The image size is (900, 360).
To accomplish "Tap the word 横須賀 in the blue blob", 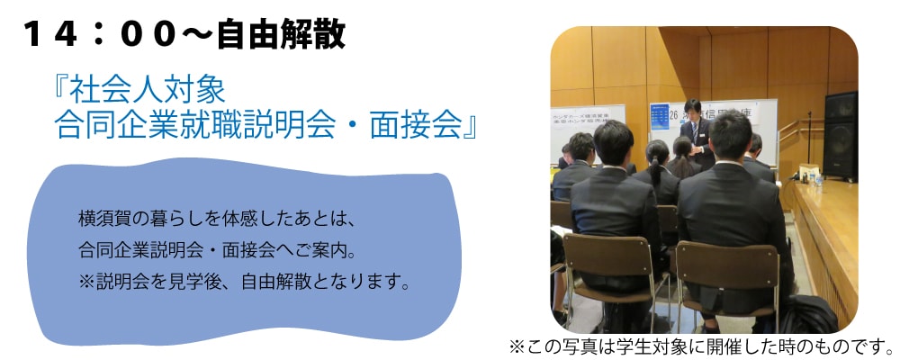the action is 103,220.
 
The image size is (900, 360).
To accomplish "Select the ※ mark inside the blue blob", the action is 86,283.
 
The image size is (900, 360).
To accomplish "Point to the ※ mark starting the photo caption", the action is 517,346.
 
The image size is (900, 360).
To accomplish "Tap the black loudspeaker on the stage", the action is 841,136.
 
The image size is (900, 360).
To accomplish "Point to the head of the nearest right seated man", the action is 731,136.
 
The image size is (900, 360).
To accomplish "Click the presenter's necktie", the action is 695,133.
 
